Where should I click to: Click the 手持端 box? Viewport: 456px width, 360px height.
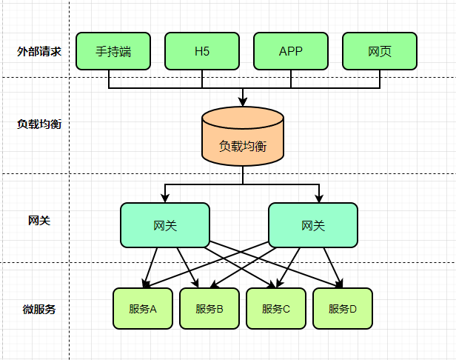tap(113, 51)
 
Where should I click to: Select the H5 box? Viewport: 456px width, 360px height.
tap(202, 51)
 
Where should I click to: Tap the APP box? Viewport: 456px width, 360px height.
tap(291, 51)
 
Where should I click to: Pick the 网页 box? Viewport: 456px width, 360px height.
tap(380, 51)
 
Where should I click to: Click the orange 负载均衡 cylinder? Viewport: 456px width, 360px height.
tap(243, 136)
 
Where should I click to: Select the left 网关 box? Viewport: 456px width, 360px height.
tap(165, 225)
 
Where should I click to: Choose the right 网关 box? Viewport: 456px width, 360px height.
tap(313, 225)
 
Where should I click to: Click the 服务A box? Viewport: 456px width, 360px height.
tap(143, 308)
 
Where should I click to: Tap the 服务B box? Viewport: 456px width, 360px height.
tap(209, 308)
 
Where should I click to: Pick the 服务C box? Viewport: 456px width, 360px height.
tap(276, 308)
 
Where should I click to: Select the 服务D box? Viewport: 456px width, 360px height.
tap(343, 308)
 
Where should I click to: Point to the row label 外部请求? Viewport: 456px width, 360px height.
tap(39, 52)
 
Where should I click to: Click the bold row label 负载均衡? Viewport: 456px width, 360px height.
tap(39, 124)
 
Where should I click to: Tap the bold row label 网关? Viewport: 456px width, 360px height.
tap(39, 220)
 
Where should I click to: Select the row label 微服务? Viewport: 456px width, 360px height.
tap(39, 309)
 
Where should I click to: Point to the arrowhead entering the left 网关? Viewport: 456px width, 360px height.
tap(165, 199)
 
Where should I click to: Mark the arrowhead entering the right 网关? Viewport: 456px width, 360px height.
tap(319, 199)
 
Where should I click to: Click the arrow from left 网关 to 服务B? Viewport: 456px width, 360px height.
tap(187, 267)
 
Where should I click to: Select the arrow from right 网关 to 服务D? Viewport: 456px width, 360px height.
tap(333, 267)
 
